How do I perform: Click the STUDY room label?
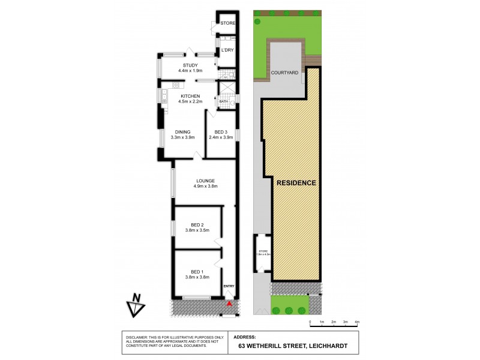[190, 65]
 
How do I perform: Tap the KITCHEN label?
[190, 96]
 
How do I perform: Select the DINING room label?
[182, 132]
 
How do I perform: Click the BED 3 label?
[221, 132]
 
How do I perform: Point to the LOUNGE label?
[205, 181]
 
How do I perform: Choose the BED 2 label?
[197, 224]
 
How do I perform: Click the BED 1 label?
[197, 271]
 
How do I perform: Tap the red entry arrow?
[229, 304]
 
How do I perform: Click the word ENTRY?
[229, 286]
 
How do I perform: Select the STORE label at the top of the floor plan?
[227, 23]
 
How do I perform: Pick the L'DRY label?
[227, 50]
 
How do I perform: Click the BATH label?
[223, 101]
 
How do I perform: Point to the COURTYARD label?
[285, 72]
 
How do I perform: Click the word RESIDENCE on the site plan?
[296, 182]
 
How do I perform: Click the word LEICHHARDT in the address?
[325, 346]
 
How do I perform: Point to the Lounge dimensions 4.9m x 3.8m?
[205, 187]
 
